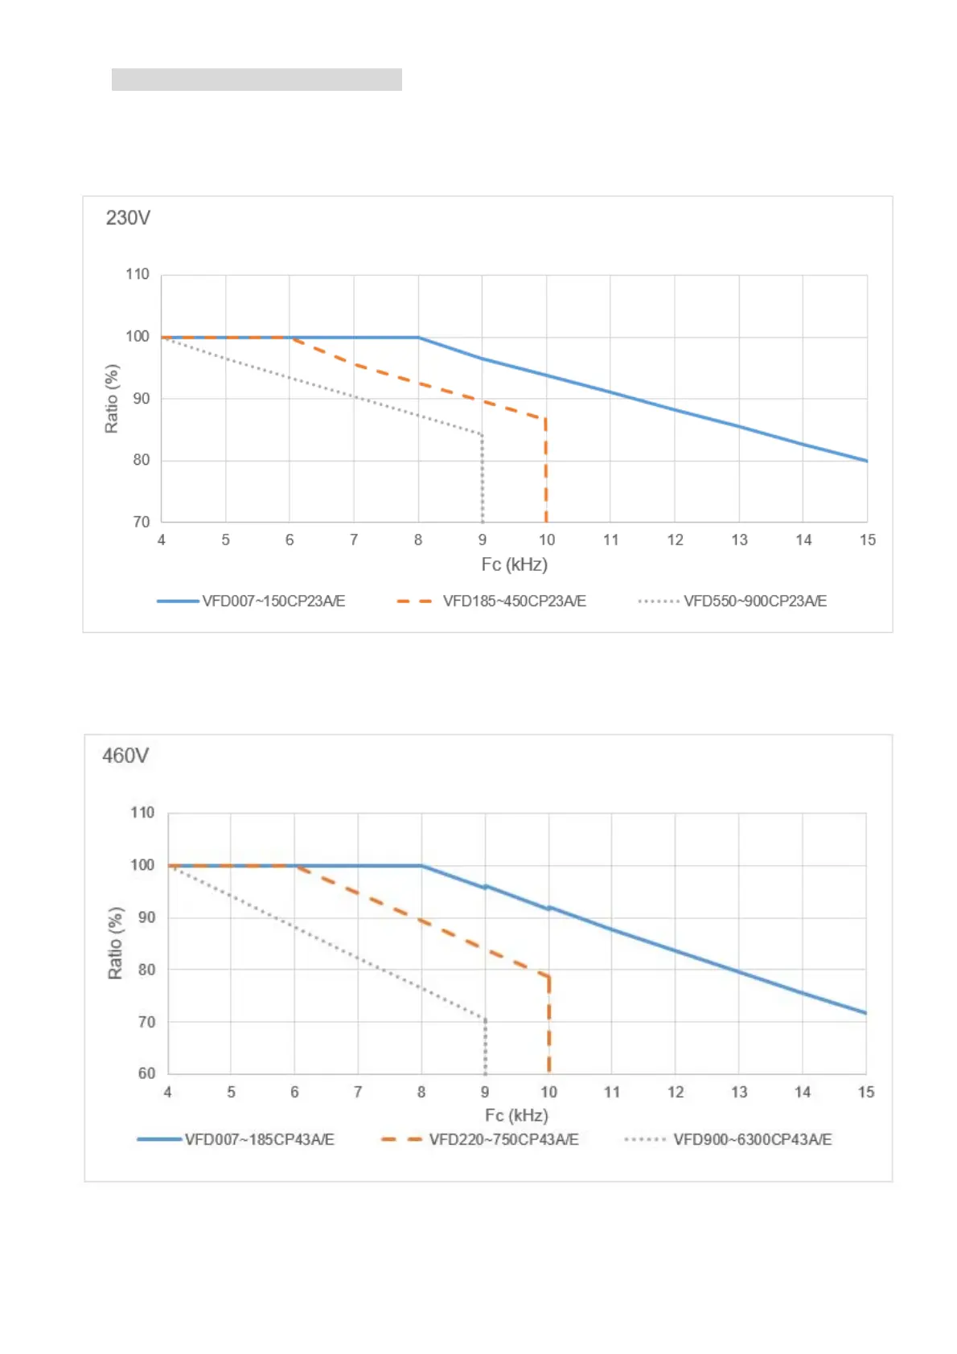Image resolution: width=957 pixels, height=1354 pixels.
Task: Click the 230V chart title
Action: (128, 218)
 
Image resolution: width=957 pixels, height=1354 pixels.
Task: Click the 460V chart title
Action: (125, 756)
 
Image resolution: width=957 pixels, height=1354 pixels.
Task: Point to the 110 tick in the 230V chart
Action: (138, 274)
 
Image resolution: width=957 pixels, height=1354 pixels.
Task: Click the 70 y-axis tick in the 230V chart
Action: (142, 522)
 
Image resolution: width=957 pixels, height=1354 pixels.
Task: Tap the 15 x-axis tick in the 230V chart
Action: (867, 540)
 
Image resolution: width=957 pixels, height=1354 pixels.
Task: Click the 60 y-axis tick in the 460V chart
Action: (146, 1073)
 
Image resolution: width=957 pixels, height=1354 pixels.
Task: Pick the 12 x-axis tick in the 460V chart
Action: (676, 1092)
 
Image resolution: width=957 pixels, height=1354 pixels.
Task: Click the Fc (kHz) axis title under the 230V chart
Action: (514, 564)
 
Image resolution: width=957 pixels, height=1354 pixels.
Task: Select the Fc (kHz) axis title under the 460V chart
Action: (516, 1115)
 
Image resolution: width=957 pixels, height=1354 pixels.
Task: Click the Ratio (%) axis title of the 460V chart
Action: (116, 943)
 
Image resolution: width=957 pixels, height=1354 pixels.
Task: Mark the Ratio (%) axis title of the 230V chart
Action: (112, 399)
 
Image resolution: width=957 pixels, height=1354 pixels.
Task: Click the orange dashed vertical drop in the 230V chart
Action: (546, 470)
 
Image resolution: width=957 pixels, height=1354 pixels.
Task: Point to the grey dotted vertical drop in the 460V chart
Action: (485, 1047)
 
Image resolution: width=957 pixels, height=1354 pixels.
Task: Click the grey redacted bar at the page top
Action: (257, 80)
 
